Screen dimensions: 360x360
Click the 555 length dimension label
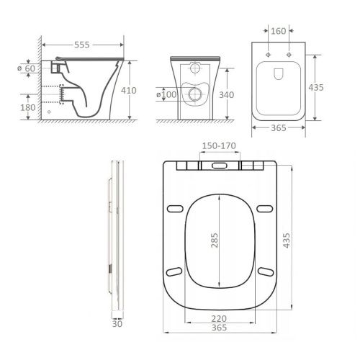[x=82, y=45]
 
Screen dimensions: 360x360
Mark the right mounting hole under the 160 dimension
[x=289, y=55]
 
